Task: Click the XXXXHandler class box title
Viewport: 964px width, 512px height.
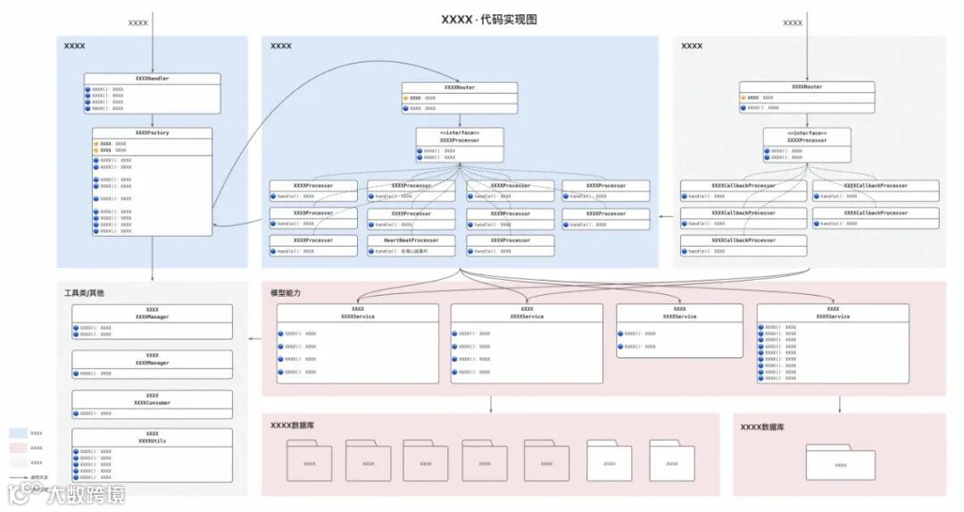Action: click(x=152, y=79)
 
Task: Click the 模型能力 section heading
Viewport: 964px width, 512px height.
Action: click(x=286, y=293)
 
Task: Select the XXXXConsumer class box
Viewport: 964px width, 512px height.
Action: click(x=152, y=405)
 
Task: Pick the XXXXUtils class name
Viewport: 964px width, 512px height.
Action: click(x=152, y=441)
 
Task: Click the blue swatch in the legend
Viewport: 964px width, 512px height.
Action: click(x=19, y=433)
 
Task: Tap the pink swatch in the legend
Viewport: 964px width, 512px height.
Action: click(x=19, y=448)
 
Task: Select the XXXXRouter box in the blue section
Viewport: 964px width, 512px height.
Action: click(x=459, y=97)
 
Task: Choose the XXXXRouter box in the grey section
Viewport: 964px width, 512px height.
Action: click(x=806, y=97)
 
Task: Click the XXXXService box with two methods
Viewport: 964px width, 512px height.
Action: click(x=679, y=330)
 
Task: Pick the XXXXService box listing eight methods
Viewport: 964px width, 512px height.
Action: click(x=832, y=343)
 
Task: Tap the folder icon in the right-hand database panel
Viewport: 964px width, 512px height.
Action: click(x=840, y=463)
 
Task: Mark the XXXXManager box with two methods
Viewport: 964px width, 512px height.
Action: click(x=152, y=321)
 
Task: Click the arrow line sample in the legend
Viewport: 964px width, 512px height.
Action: click(x=18, y=478)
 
